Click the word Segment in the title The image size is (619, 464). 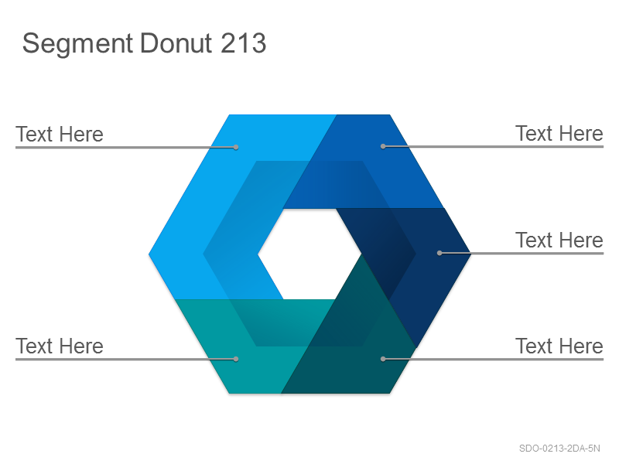[x=77, y=44]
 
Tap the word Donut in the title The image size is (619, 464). [x=176, y=43]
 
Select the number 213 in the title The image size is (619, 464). [x=243, y=43]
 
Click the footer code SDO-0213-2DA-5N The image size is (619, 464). [x=559, y=449]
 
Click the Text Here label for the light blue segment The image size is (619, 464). [x=60, y=134]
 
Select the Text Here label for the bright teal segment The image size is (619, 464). [x=60, y=346]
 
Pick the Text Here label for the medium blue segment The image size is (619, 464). [x=559, y=133]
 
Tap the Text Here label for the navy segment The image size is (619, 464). [x=559, y=240]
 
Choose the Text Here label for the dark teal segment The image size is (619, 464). [x=559, y=346]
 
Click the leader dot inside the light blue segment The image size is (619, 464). [x=236, y=147]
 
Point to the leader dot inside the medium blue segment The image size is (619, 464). [x=383, y=146]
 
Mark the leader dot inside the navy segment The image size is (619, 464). [x=439, y=253]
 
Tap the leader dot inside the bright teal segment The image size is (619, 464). [x=236, y=359]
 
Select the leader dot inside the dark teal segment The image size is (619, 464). [x=383, y=359]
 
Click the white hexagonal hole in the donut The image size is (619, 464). [x=309, y=254]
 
